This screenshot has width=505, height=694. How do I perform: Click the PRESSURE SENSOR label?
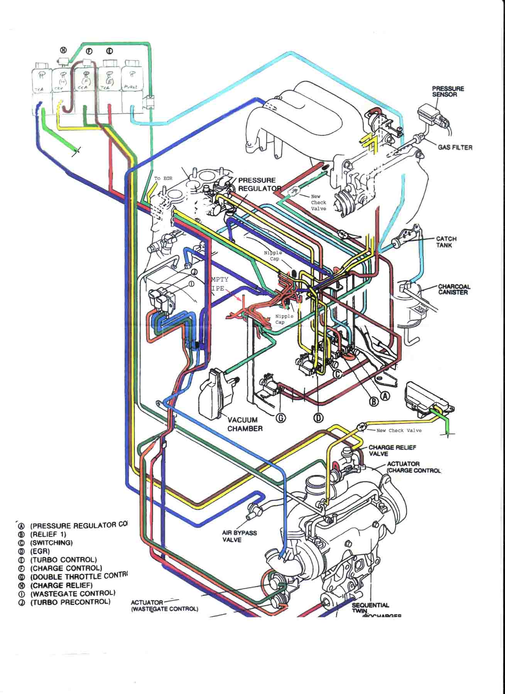coord(448,91)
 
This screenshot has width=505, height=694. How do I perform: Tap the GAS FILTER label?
coord(455,147)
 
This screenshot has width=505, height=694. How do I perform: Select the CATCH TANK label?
coord(446,242)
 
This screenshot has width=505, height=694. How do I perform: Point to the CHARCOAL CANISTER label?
coord(454,289)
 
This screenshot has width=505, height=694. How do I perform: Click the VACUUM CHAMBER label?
coord(245,424)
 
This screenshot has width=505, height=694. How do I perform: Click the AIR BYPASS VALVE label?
coord(234,536)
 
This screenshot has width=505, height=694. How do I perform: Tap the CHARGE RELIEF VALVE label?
coord(392,450)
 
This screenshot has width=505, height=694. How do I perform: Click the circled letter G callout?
coord(282,418)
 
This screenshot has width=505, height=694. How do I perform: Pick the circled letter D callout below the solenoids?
coord(318,417)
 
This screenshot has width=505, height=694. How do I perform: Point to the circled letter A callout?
coord(385,396)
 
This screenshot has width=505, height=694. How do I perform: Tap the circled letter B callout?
coord(373,402)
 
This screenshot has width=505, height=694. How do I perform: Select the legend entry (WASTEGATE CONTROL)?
coord(73,593)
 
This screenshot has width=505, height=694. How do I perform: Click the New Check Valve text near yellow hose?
coord(399,430)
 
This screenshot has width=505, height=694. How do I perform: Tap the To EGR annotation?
coord(163,179)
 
